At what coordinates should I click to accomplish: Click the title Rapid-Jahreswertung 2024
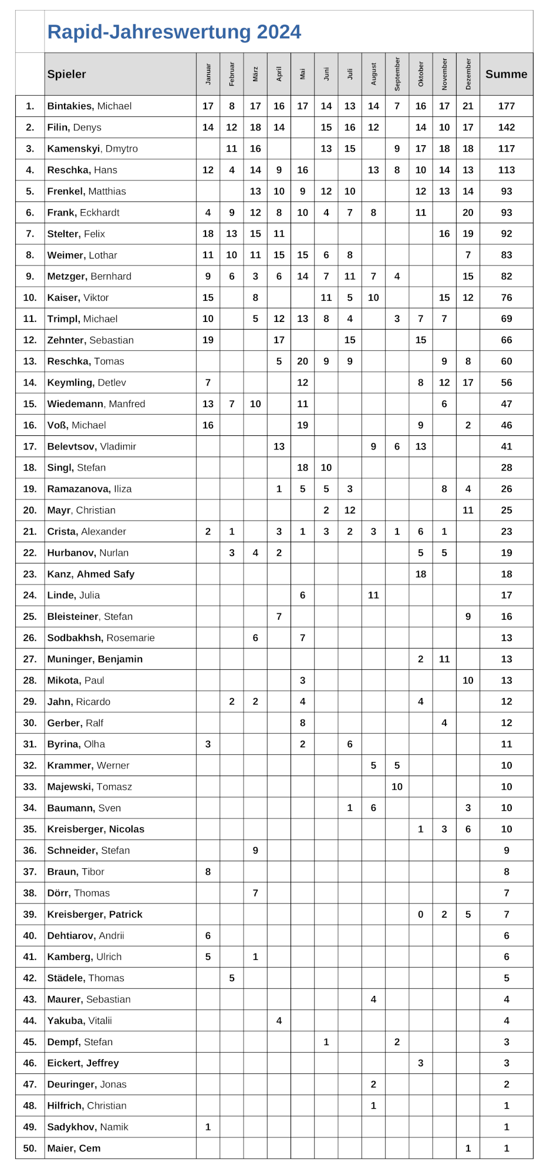174,32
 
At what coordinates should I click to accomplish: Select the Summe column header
506,74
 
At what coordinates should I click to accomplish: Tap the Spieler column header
66,74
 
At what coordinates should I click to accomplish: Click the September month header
397,74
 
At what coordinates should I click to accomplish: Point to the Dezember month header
468,74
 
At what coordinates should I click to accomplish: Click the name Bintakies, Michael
89,106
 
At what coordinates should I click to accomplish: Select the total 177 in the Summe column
506,106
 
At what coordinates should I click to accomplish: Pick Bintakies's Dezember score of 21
468,106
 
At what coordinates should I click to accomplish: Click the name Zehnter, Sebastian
90,340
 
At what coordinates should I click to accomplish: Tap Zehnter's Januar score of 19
208,340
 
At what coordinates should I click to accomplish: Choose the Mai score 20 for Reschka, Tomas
302,361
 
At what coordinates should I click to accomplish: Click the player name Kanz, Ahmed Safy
91,574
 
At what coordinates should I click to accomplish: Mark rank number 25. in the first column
29,616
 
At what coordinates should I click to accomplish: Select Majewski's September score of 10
397,787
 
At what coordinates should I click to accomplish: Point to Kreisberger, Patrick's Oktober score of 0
421,914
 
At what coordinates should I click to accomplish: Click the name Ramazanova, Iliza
89,489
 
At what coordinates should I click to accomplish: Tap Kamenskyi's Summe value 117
506,149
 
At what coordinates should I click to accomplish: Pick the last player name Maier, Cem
74,1148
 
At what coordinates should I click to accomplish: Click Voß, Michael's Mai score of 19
302,425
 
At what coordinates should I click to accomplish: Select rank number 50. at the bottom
29,1148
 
